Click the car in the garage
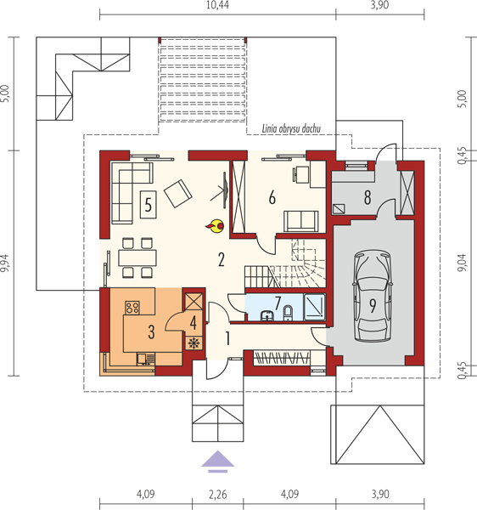point(373,296)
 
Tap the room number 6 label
point(272,197)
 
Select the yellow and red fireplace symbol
point(215,226)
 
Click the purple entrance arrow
point(217,462)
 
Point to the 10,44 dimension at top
point(217,5)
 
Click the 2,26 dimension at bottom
point(217,495)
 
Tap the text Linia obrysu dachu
point(291,129)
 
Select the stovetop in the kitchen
point(132,308)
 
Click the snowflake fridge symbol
point(194,343)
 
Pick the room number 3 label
point(151,332)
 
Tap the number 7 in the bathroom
point(278,303)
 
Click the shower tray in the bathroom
point(314,307)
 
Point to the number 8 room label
point(368,197)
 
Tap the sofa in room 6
point(301,221)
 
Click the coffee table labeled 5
point(148,205)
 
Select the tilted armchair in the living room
point(178,193)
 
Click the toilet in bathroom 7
point(288,313)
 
